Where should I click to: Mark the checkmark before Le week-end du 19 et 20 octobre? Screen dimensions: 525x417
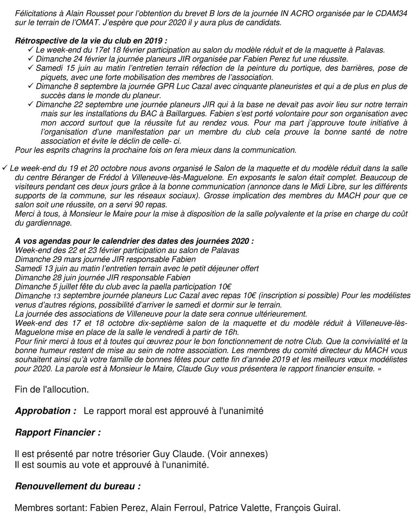coord(4,168)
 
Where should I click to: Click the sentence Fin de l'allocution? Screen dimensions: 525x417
coord(52,389)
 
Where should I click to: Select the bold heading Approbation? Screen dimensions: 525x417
coord(46,411)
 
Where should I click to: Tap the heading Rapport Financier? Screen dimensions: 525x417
coord(57,432)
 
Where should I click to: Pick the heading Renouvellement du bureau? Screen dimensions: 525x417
coord(78,486)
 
